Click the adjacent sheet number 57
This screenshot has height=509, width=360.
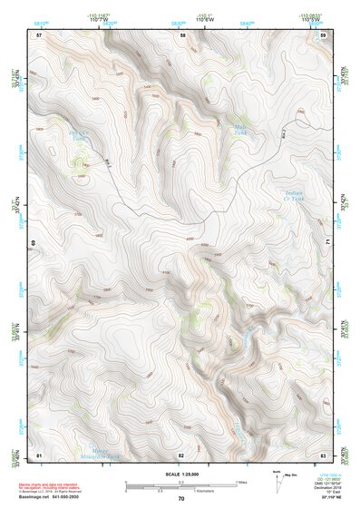click(39, 34)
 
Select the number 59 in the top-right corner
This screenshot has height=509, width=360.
click(323, 34)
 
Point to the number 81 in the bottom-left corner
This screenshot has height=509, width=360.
click(39, 455)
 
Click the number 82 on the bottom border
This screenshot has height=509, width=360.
click(181, 455)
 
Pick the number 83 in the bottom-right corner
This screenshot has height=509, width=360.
click(323, 455)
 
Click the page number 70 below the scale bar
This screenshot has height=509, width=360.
click(181, 499)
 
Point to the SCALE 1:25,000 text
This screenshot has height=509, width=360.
click(180, 475)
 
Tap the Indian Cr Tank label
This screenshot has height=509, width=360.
click(296, 195)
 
